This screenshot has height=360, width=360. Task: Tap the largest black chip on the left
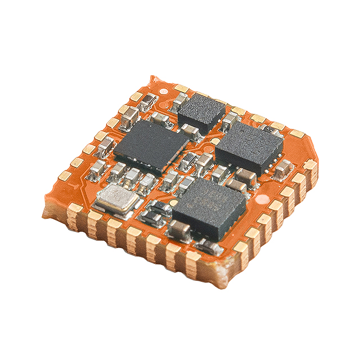pyautogui.click(x=148, y=145)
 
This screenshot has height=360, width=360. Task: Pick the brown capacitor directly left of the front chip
pyautogui.click(x=179, y=229)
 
